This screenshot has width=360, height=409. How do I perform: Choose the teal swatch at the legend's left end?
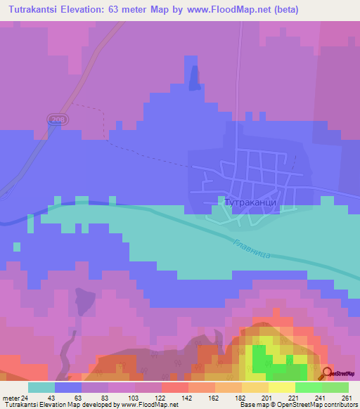[x=41, y=387]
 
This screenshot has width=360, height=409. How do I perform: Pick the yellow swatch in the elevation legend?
[x=282, y=387]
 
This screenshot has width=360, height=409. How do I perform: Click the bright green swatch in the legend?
[x=308, y=387]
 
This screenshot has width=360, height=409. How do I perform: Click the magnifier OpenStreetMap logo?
[x=328, y=373]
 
